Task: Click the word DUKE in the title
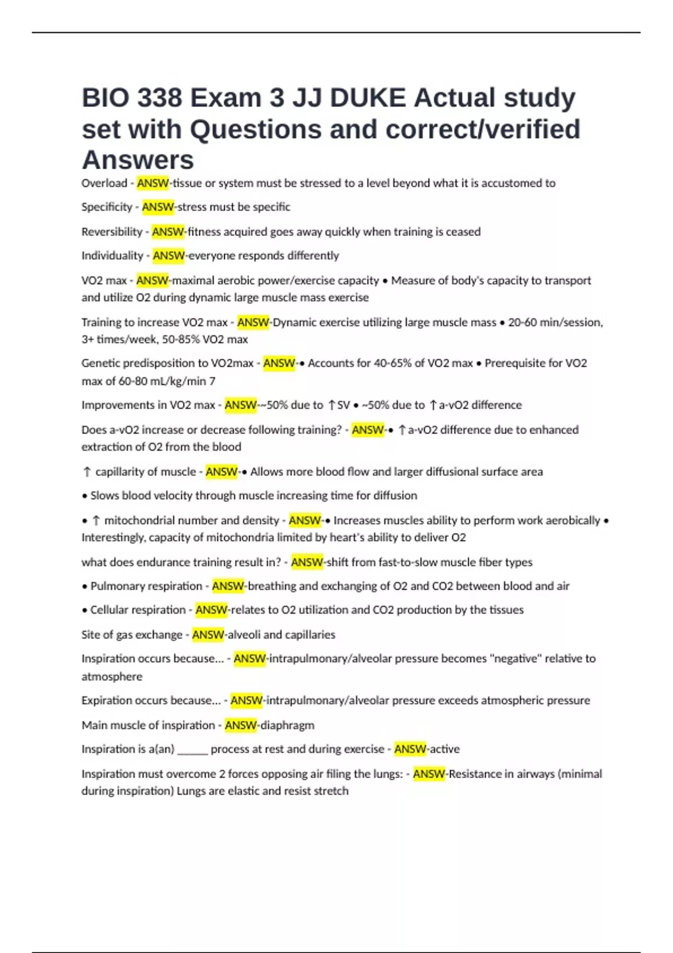pyautogui.click(x=367, y=98)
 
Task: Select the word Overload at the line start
pyautogui.click(x=104, y=183)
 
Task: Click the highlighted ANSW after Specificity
pyautogui.click(x=158, y=207)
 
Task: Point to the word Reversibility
pyautogui.click(x=112, y=232)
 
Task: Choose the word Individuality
pyautogui.click(x=112, y=256)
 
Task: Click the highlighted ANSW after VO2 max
pyautogui.click(x=152, y=280)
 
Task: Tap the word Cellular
pyautogui.click(x=111, y=610)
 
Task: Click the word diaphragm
pyautogui.click(x=287, y=725)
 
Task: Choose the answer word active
pyautogui.click(x=444, y=749)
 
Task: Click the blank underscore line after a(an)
pyautogui.click(x=192, y=750)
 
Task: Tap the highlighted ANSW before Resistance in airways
pyautogui.click(x=429, y=774)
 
